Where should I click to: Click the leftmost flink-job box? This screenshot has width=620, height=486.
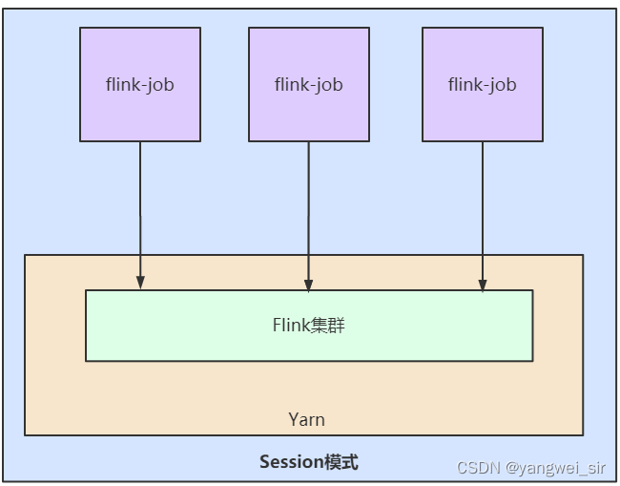coord(140,84)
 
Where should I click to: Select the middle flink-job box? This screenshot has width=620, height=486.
coord(309,84)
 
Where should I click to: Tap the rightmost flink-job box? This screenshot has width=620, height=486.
coord(483,84)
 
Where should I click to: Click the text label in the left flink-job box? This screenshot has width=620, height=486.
coord(140,85)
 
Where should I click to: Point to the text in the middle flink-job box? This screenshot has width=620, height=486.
coord(309,85)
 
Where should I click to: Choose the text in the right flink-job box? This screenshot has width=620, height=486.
coord(483,85)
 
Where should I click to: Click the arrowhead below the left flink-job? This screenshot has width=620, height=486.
coord(140,283)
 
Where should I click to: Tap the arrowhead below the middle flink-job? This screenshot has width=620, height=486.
coord(309,285)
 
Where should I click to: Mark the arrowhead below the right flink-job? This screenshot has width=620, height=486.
coord(483,285)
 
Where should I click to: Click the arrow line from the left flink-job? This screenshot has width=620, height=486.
coord(140,215)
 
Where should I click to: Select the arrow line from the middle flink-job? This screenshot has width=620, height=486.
coord(309,217)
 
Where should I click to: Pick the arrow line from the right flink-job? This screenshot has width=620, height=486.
coord(483,217)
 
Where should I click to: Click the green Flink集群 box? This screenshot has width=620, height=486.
coord(309,326)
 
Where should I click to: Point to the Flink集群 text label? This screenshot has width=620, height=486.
coord(309,325)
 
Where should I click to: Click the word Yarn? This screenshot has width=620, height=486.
coord(306,419)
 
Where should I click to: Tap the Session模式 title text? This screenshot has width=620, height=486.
coord(309,462)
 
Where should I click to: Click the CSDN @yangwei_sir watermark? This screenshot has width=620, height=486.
coord(531,468)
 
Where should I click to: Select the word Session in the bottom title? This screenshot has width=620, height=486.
coord(292,462)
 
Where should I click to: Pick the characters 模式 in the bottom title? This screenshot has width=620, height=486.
coord(341,462)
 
